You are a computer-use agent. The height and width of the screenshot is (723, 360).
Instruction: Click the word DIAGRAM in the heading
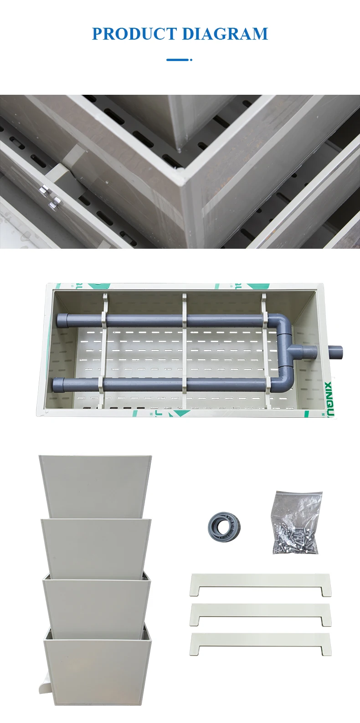[x=225, y=34]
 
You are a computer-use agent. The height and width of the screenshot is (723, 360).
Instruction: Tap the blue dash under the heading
[x=178, y=60]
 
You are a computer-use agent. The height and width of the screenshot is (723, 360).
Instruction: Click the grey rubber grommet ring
[x=224, y=527]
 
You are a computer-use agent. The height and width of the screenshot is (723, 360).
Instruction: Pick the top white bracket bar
[x=260, y=584]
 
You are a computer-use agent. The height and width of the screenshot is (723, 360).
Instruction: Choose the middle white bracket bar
[x=260, y=614]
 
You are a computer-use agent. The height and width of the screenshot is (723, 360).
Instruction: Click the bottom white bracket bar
[x=260, y=643]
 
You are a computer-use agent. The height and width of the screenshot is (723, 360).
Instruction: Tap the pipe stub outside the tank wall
[x=335, y=352]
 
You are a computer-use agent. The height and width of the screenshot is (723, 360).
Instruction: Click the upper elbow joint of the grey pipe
[x=285, y=324]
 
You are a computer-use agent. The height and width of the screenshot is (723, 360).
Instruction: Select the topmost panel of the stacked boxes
[x=95, y=485]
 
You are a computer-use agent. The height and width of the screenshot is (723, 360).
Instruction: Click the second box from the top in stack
[x=96, y=547]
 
